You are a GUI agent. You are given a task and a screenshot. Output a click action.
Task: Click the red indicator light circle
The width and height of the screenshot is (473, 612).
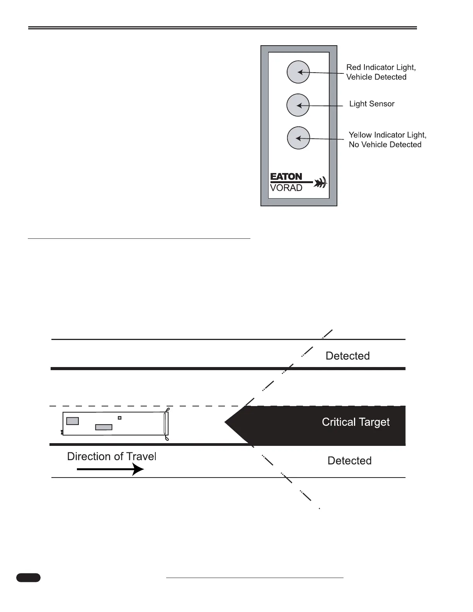pyautogui.click(x=298, y=72)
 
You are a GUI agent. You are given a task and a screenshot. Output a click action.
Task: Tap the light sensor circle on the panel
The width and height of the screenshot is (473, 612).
pyautogui.click(x=298, y=105)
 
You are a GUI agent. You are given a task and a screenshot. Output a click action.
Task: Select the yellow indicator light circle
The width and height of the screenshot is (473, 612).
pyautogui.click(x=298, y=138)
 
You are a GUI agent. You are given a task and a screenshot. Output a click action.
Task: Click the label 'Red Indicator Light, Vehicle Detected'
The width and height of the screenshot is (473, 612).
pyautogui.click(x=381, y=72)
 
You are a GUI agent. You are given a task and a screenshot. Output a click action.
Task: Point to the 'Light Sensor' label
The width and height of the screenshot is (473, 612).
pyautogui.click(x=372, y=104)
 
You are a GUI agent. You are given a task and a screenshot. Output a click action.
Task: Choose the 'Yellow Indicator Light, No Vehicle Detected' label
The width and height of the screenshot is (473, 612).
pyautogui.click(x=387, y=140)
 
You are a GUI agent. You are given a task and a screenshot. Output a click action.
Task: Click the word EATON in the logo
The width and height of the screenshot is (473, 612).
pyautogui.click(x=286, y=177)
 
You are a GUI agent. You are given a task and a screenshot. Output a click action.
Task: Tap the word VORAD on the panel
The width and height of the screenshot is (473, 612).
pyautogui.click(x=286, y=188)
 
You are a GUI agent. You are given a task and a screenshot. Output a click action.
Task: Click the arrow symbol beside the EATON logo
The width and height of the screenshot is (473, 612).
pyautogui.click(x=320, y=182)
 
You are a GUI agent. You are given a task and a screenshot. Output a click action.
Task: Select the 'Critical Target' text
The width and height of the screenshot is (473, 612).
pyautogui.click(x=356, y=422)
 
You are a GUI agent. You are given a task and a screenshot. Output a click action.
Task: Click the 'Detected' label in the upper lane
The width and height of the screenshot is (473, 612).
pyautogui.click(x=347, y=356)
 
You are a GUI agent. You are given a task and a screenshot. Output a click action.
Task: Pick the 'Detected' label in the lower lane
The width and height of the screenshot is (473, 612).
pyautogui.click(x=349, y=461)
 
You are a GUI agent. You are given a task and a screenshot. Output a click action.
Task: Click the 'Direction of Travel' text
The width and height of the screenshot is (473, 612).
pyautogui.click(x=111, y=457)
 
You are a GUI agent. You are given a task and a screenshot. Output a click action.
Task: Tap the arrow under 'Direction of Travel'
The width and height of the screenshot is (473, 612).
pyautogui.click(x=111, y=469)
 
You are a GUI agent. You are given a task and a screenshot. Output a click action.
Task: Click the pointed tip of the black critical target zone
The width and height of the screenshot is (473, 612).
pyautogui.click(x=226, y=422)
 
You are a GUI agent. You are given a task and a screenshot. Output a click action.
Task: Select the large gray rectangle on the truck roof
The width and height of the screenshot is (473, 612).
pyautogui.click(x=73, y=421)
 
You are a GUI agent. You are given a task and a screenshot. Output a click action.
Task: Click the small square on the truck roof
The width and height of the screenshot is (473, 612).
pyautogui.click(x=120, y=418)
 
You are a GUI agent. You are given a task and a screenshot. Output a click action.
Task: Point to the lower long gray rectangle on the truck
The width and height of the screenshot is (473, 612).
pyautogui.click(x=104, y=427)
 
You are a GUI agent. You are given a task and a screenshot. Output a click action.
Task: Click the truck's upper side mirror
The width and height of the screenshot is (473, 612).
pyautogui.click(x=167, y=410)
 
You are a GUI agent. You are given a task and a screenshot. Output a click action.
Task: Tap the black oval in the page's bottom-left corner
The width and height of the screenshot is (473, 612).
pyautogui.click(x=28, y=578)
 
